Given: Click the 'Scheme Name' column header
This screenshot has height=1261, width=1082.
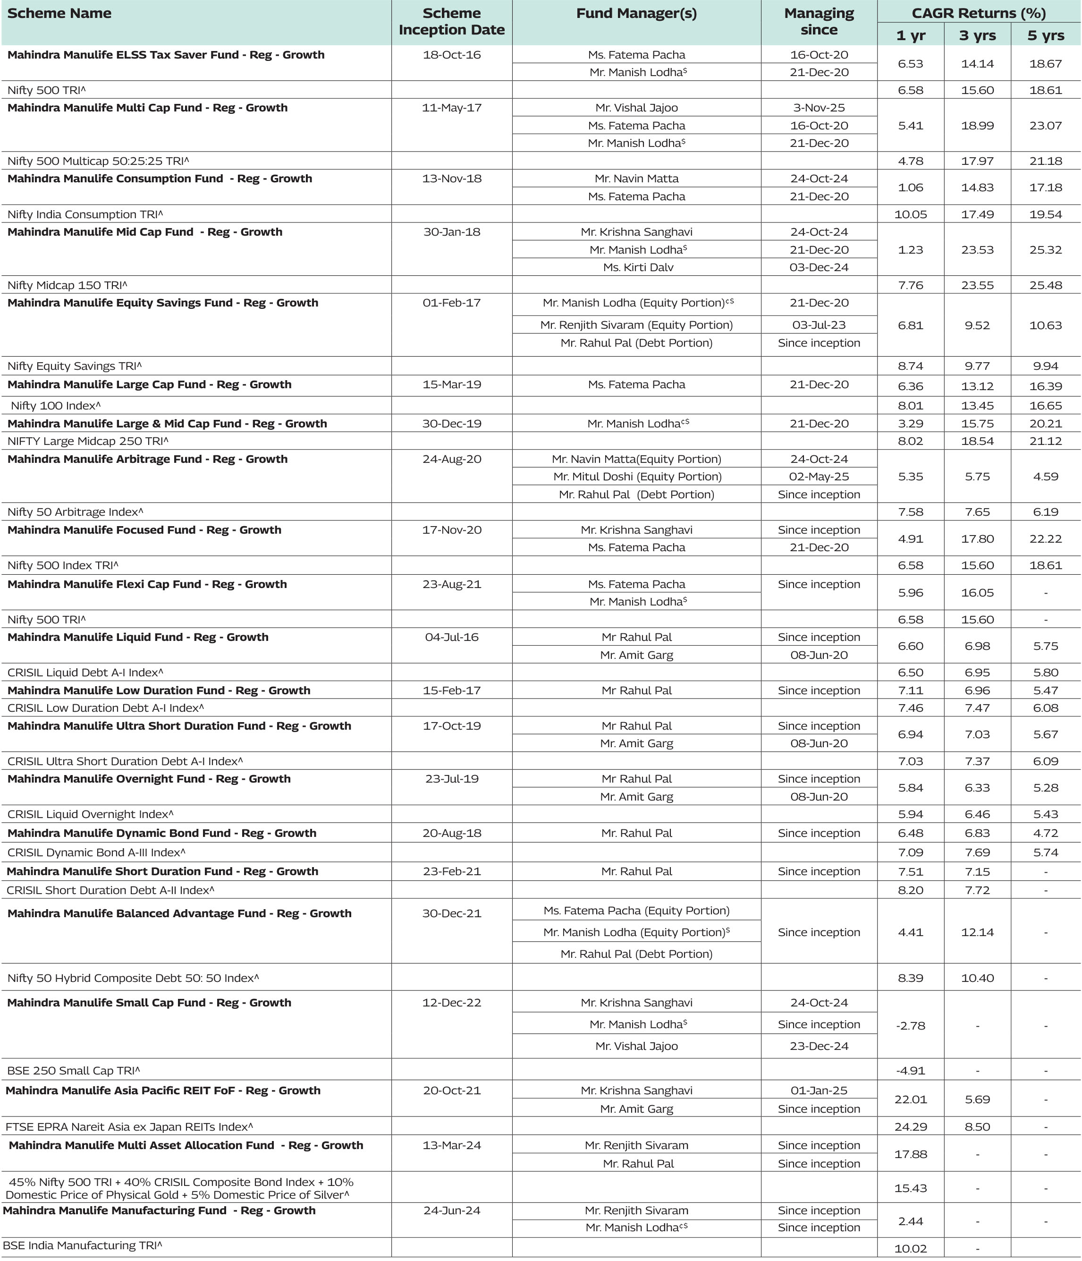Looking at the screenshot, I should pyautogui.click(x=59, y=13).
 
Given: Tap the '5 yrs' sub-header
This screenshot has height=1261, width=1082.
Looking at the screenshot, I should pyautogui.click(x=1046, y=35).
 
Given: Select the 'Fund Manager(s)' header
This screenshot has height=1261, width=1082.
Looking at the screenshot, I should pyautogui.click(x=636, y=13).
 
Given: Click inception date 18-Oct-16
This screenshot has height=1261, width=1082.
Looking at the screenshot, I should pyautogui.click(x=451, y=55).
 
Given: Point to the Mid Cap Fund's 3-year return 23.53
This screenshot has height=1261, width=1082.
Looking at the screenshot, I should pyautogui.click(x=977, y=249).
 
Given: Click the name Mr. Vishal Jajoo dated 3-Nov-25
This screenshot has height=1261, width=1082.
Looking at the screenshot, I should pyautogui.click(x=636, y=108).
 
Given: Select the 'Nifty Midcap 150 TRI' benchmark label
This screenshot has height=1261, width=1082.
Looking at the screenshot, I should pyautogui.click(x=67, y=285).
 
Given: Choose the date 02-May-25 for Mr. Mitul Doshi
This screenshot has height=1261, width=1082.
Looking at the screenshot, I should pyautogui.click(x=819, y=477).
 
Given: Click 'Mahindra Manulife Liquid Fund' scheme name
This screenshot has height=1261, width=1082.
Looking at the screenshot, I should pyautogui.click(x=137, y=637).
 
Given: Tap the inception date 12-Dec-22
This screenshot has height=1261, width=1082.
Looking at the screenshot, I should pyautogui.click(x=451, y=1002).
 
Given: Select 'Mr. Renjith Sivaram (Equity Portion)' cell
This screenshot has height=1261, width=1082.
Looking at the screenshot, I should pyautogui.click(x=636, y=325).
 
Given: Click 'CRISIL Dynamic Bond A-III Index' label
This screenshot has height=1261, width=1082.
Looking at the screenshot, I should pyautogui.click(x=96, y=852).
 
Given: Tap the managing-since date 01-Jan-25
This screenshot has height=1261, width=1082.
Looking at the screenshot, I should pyautogui.click(x=819, y=1090).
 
